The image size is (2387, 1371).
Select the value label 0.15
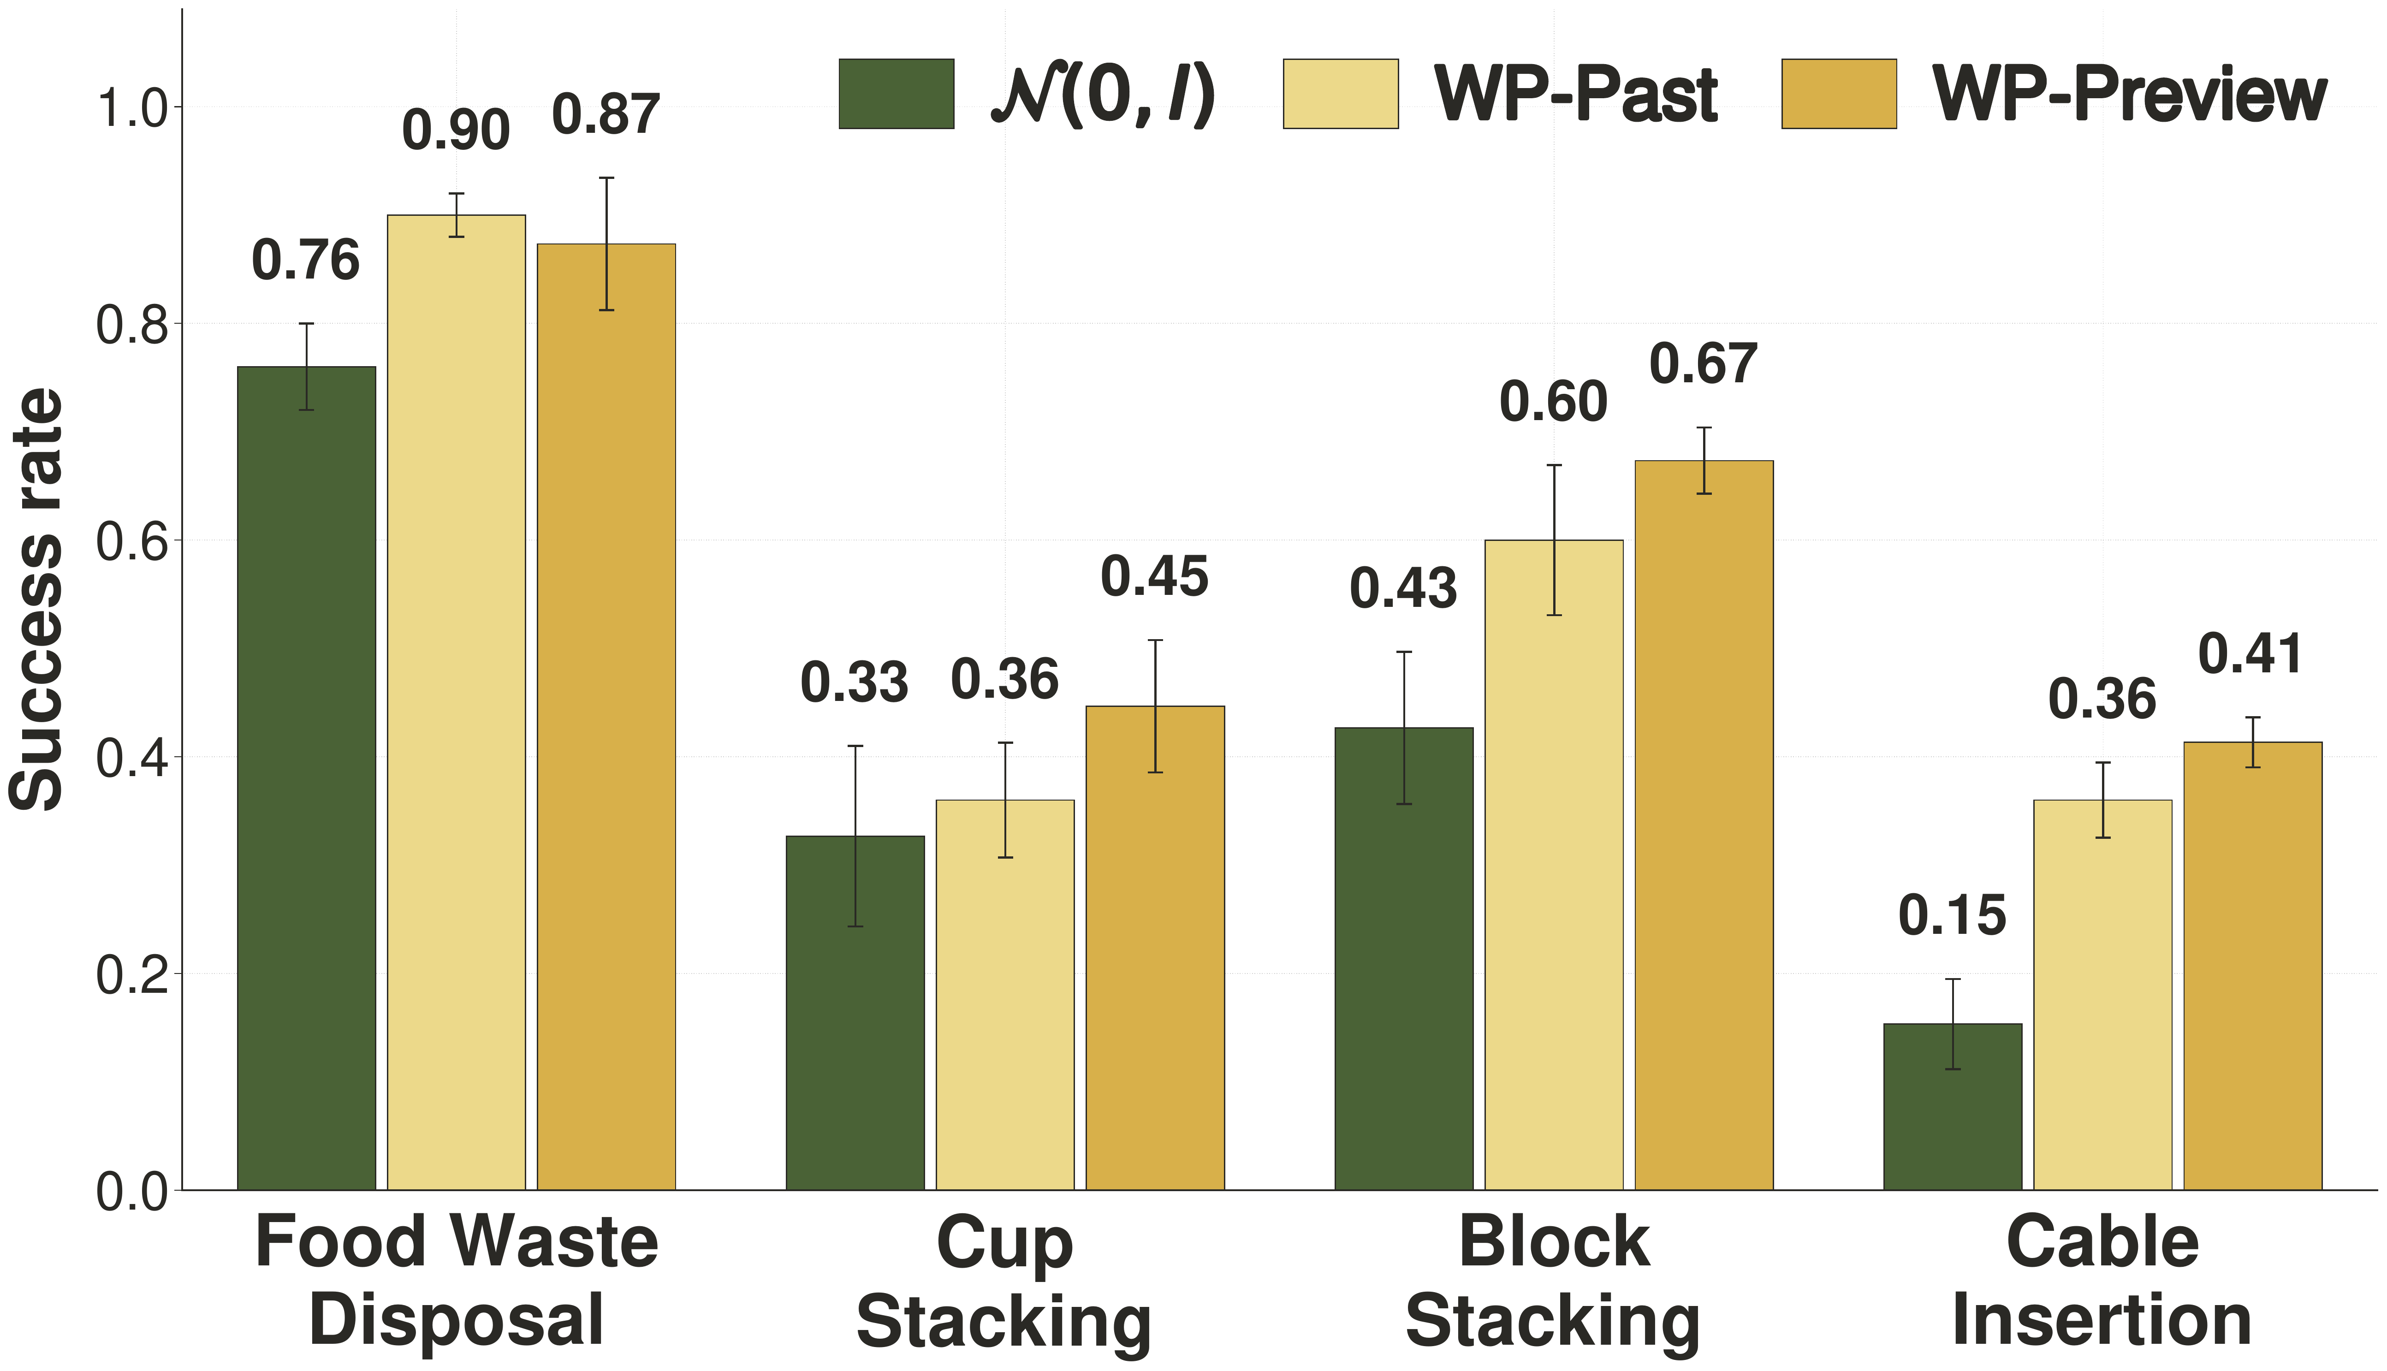[x=1953, y=916]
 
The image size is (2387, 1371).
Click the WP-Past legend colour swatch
[x=1341, y=94]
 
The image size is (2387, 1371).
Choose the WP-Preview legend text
[x=2130, y=96]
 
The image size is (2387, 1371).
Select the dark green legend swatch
[x=897, y=94]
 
